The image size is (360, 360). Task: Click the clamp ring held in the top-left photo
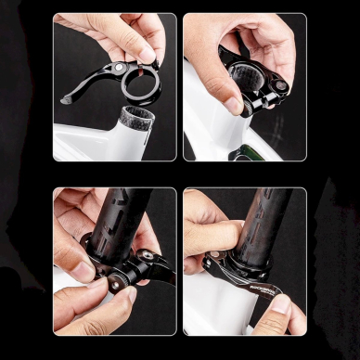point(139,86)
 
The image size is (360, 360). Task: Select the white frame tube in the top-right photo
point(209,121)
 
